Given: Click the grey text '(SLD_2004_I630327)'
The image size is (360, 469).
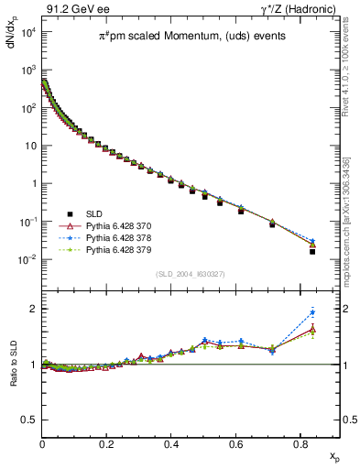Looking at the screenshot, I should click(191, 273).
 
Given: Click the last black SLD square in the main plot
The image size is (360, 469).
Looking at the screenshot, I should click(312, 251).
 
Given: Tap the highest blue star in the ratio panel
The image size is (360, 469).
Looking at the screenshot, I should click(312, 312).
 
